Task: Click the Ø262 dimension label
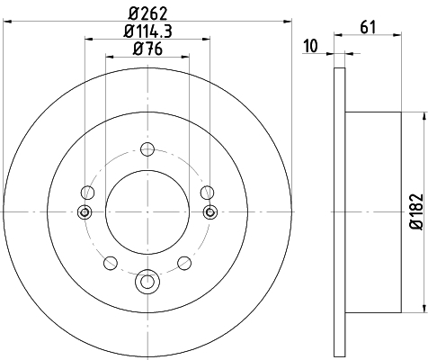[148, 13]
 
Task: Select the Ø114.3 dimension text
[148, 31]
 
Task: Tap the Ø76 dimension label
[147, 49]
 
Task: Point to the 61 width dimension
[368, 27]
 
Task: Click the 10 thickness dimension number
[311, 46]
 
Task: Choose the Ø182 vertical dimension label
[416, 211]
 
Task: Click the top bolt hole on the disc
[147, 149]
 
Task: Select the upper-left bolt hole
[88, 193]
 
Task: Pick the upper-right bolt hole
[207, 193]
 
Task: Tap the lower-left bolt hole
[111, 263]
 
